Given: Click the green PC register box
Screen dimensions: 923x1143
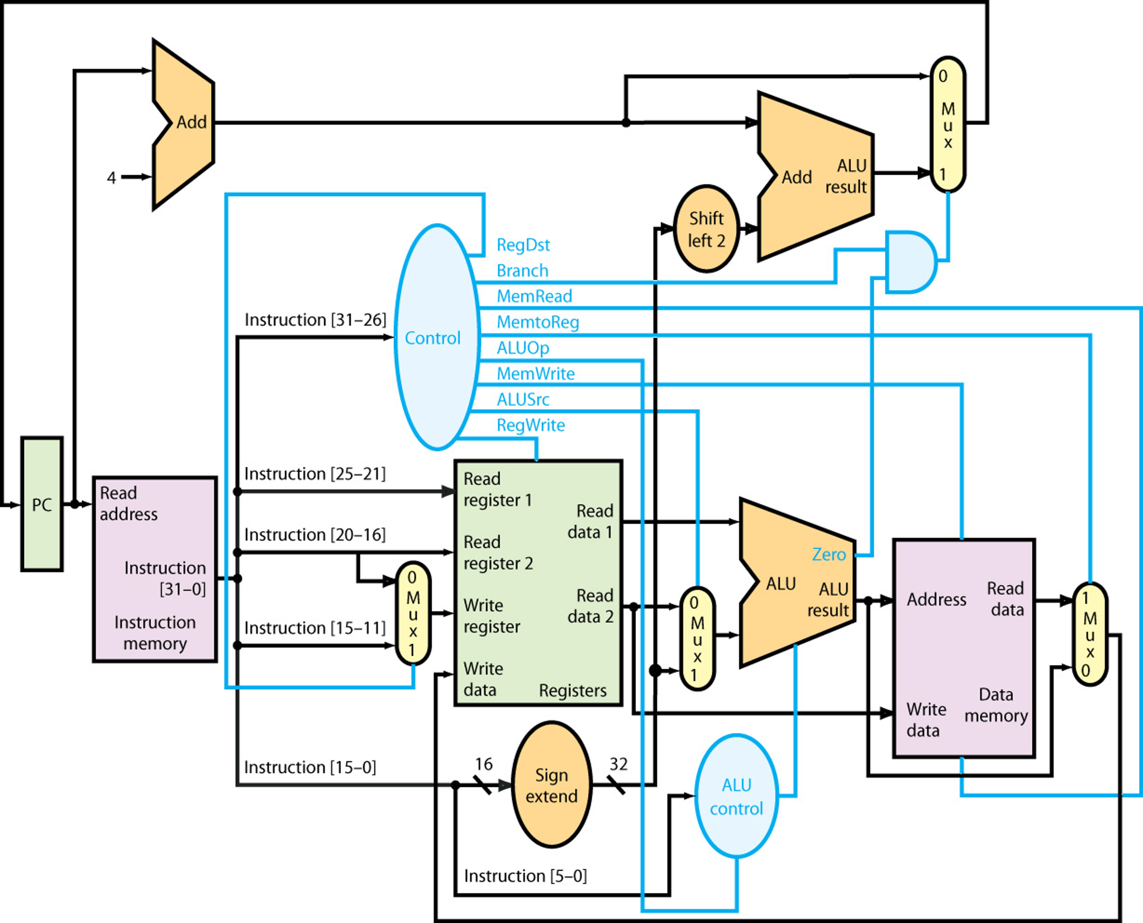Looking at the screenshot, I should pos(42,504).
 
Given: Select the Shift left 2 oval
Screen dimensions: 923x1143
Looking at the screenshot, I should pos(706,229).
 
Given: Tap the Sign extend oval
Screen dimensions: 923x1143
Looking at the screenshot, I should pos(551,785).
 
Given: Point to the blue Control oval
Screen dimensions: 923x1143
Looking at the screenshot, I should pos(436,338).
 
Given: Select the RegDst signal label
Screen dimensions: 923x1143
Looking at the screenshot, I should pos(523,245).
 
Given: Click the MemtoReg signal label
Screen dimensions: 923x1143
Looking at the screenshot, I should pos(537,322).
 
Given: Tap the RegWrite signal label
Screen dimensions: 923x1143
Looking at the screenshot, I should pos(531,425).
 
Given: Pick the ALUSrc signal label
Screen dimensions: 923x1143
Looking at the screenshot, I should pos(523,400).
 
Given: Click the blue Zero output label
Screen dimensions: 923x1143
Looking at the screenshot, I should pos(829,554).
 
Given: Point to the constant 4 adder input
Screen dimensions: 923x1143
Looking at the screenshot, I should pos(111,178).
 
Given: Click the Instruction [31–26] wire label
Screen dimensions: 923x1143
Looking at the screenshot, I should pos(315,320).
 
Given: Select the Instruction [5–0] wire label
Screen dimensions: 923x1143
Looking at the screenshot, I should pos(525,876).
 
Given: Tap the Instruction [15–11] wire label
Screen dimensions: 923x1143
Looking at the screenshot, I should pos(315,628).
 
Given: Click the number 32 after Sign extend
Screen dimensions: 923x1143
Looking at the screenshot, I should pos(618,764).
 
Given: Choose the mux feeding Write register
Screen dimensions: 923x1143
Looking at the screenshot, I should pos(413,614).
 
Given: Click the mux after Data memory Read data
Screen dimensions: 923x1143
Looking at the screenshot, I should pos(1089,634).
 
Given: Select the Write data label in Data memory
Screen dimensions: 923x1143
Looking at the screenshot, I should pos(926,720).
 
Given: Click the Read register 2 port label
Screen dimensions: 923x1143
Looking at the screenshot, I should pos(498,552).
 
